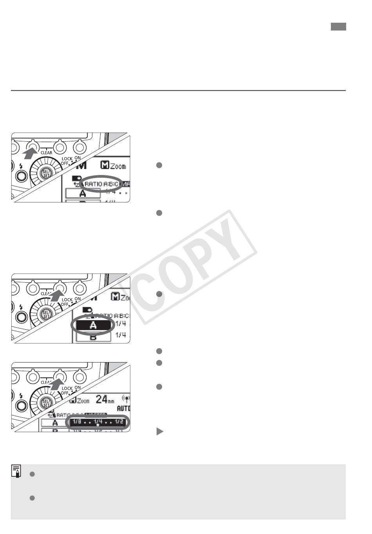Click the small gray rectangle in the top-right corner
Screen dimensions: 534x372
tap(338, 27)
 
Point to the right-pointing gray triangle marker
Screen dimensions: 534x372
tap(159, 431)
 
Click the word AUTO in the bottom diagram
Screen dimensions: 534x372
tap(123, 408)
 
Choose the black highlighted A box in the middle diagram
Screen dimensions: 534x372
tap(93, 325)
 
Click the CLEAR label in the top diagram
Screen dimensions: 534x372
tap(46, 153)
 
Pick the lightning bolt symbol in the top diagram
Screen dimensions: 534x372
tap(21, 166)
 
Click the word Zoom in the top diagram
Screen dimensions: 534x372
tap(117, 166)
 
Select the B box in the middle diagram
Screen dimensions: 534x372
tap(93, 337)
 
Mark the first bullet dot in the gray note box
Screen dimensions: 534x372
tap(33, 474)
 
